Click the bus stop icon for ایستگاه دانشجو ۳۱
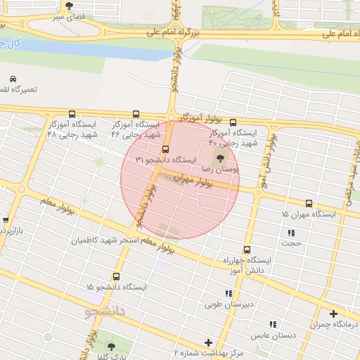[166, 149]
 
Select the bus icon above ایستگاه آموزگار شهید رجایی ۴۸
[72, 114]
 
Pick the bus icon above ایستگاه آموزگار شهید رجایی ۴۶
[136, 114]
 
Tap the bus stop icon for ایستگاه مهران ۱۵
[309, 202]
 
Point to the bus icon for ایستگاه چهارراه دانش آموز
[247, 249]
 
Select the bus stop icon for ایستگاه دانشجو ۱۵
[116, 276]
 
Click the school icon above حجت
[291, 233]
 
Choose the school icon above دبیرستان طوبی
[228, 293]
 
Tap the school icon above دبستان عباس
[272, 324]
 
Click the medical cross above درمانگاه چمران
[333, 313]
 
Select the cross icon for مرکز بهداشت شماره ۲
[208, 342]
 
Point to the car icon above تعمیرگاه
[13, 79]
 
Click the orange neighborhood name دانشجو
[105, 310]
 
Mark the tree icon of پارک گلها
[110, 346]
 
